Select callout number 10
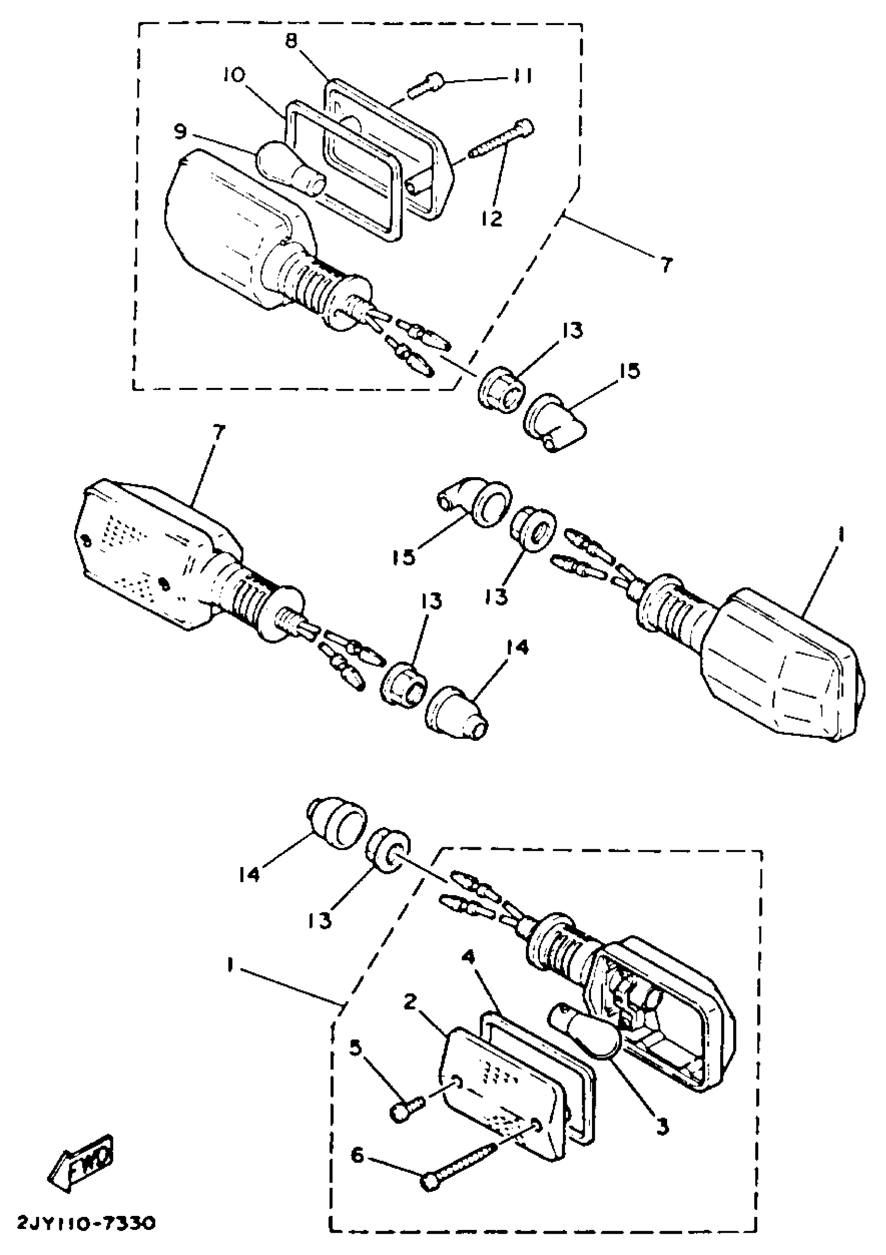(233, 75)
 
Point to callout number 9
(180, 132)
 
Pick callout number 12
(491, 218)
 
